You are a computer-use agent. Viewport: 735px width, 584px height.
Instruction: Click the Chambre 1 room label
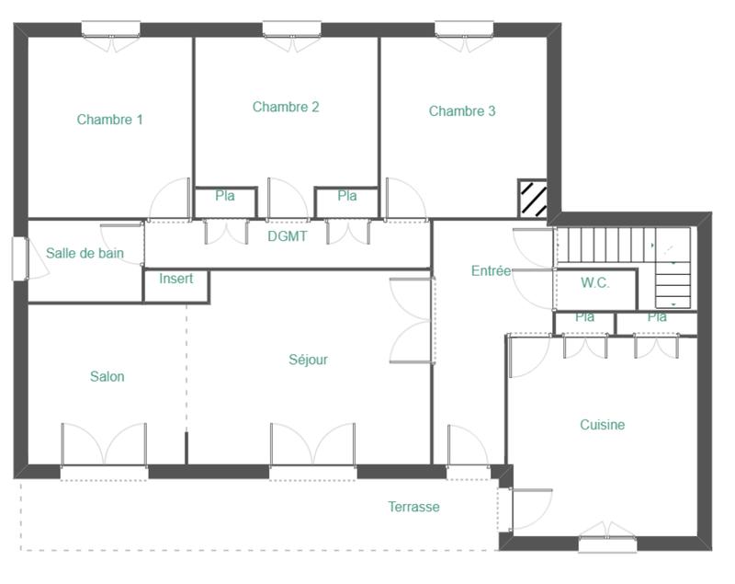click(x=109, y=120)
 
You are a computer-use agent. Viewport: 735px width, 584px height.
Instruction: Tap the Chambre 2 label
click(x=286, y=107)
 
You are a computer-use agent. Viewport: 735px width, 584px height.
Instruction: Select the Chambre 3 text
click(x=462, y=111)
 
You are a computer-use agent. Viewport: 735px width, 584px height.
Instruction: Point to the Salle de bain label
click(x=85, y=253)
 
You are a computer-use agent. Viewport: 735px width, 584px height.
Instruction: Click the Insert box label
click(x=176, y=279)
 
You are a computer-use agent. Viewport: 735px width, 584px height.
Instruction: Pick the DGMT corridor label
click(x=287, y=236)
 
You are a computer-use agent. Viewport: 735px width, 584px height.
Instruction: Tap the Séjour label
click(x=308, y=360)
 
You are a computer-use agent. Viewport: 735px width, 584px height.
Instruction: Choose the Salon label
click(x=107, y=376)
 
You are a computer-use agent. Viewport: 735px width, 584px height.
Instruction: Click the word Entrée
click(x=491, y=270)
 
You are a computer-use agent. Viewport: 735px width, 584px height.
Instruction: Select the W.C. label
click(x=594, y=283)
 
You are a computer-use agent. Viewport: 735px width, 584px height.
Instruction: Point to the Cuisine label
click(x=602, y=425)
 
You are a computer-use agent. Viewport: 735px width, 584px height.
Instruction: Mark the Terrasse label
click(x=413, y=507)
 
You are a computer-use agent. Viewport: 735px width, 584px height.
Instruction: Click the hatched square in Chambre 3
click(x=532, y=197)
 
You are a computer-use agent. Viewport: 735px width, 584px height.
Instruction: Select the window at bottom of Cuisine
click(x=607, y=544)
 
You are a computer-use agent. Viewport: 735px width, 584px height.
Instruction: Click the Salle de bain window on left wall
click(x=19, y=258)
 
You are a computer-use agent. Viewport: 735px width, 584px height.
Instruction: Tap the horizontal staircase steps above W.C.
click(x=604, y=245)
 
